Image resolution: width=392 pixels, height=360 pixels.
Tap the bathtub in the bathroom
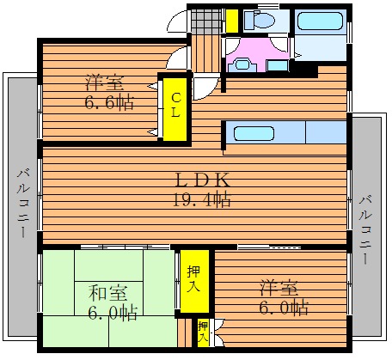point(320,20)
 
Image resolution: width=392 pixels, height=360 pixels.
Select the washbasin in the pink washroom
point(242,64)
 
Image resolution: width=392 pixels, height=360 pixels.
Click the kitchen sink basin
point(254,133)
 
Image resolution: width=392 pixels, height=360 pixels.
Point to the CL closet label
point(175,106)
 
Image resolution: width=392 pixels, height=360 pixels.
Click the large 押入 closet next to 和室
point(194,281)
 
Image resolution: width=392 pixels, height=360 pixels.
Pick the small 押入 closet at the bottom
point(203,333)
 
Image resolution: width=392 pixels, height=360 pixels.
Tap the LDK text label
point(203,180)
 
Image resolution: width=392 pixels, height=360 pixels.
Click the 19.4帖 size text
point(202,199)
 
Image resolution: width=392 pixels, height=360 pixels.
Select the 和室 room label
point(107,293)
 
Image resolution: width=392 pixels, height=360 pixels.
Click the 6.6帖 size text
point(109,102)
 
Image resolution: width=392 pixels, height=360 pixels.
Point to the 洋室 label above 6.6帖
point(105,82)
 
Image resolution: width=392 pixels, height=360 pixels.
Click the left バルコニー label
point(23,204)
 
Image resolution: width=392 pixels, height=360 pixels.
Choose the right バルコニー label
point(365,229)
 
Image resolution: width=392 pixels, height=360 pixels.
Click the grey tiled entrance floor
point(206,21)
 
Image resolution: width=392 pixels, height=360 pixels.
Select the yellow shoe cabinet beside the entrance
point(232,21)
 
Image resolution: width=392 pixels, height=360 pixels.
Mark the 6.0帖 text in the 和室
point(113,313)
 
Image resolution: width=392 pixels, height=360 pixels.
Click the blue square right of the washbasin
point(278,65)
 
